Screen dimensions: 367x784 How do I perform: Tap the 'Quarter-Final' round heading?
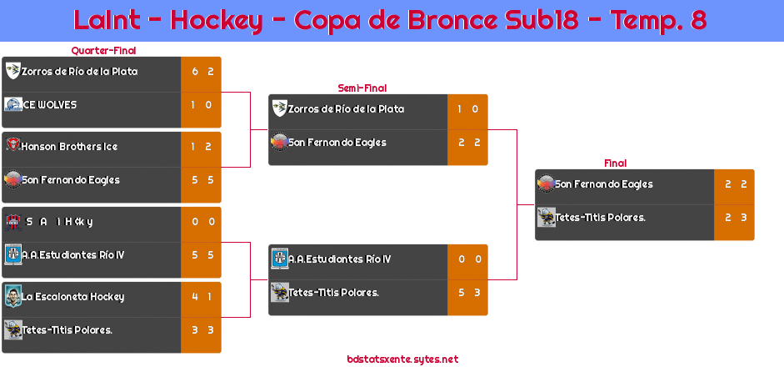[x=102, y=51]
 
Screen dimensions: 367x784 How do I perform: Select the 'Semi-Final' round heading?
[x=361, y=88]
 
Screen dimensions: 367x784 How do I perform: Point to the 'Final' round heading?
[x=614, y=163]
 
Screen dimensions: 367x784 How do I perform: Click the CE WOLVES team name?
[x=50, y=105]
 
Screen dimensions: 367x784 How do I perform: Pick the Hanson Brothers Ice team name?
[x=69, y=147]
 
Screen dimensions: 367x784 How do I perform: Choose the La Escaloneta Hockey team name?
[x=73, y=296]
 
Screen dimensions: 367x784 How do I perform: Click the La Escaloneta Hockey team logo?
[x=12, y=296]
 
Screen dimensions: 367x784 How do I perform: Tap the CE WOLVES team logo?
[x=12, y=105]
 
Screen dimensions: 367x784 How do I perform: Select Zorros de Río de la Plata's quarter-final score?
[x=200, y=72]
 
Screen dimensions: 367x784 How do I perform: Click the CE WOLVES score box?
[x=200, y=105]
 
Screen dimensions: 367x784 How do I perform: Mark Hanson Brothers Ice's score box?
[x=200, y=147]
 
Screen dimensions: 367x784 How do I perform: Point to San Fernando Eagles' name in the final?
[x=604, y=184]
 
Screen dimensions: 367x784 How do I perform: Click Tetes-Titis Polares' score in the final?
[x=734, y=218]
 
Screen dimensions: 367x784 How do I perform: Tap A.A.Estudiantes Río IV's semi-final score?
[x=467, y=259]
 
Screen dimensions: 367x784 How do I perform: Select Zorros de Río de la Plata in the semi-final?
[x=346, y=109]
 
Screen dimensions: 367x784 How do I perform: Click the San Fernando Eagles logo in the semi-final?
[x=279, y=143]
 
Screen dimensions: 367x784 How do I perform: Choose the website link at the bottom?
[x=402, y=359]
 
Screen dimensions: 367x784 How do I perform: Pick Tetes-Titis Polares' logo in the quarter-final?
[x=12, y=329]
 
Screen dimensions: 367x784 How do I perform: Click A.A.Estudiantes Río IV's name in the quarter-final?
[x=73, y=255]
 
